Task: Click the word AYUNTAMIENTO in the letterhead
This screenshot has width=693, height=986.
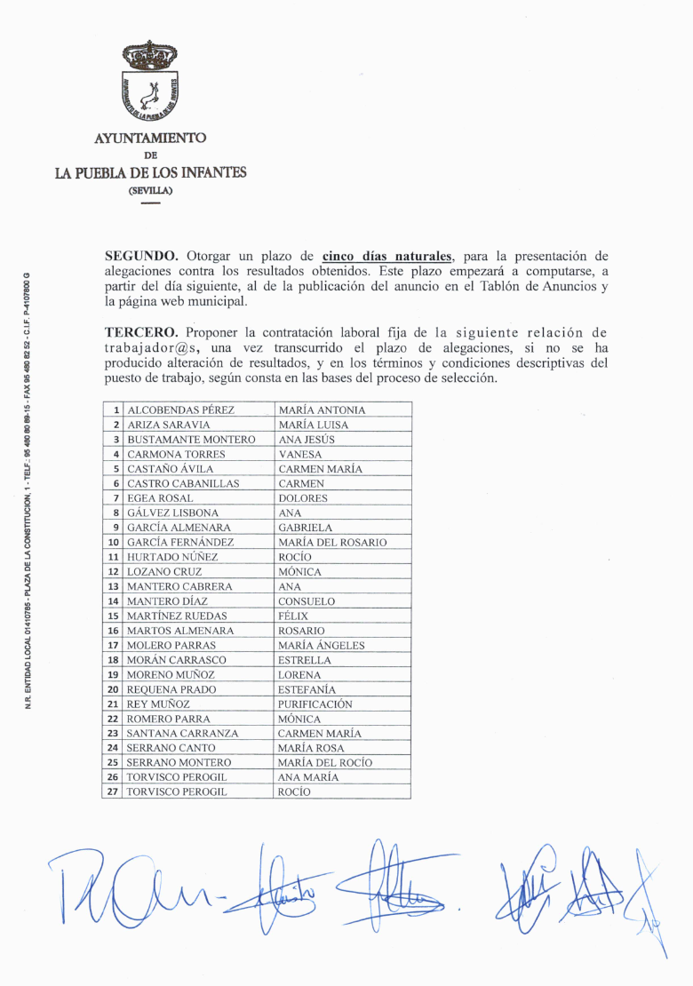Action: click(150, 138)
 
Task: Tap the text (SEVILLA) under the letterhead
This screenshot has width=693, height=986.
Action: click(150, 190)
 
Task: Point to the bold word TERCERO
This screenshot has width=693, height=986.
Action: click(141, 331)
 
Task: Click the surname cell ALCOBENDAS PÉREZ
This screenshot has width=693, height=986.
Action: click(180, 410)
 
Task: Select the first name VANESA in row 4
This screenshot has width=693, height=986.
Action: click(300, 454)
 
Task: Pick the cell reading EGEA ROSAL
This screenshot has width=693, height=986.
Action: click(160, 498)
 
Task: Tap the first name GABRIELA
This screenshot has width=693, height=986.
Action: click(305, 528)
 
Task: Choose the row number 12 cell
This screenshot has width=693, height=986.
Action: click(113, 572)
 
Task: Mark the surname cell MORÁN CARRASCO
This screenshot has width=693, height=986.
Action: click(176, 660)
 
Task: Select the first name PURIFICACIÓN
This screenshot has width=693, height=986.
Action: click(315, 704)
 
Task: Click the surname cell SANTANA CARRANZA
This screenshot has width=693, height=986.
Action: click(182, 734)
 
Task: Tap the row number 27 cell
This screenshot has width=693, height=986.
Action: click(113, 791)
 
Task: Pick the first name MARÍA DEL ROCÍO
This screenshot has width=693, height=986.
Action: click(325, 762)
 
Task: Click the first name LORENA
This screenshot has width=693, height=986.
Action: click(299, 675)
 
